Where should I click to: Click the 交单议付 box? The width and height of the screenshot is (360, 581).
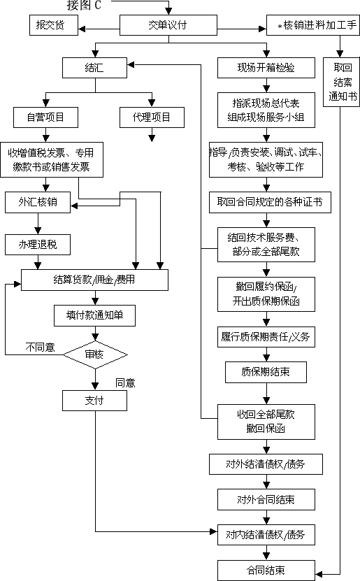tap(167, 26)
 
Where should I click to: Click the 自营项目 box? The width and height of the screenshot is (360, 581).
tap(45, 117)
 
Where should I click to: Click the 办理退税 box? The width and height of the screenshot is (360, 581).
tap(38, 244)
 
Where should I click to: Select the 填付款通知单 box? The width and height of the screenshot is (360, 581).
tap(94, 315)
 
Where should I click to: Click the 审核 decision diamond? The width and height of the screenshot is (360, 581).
tap(94, 355)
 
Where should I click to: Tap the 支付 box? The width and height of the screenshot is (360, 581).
tap(94, 401)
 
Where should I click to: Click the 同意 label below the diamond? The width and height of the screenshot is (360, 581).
tap(125, 382)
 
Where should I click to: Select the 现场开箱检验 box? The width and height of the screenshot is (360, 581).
tap(266, 68)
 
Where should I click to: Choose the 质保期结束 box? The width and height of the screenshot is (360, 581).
tap(266, 372)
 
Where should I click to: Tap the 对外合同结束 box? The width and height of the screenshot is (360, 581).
tap(266, 499)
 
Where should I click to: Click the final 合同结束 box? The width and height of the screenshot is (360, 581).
tap(266, 570)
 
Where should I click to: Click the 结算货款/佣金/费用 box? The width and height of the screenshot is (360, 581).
tap(94, 280)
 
